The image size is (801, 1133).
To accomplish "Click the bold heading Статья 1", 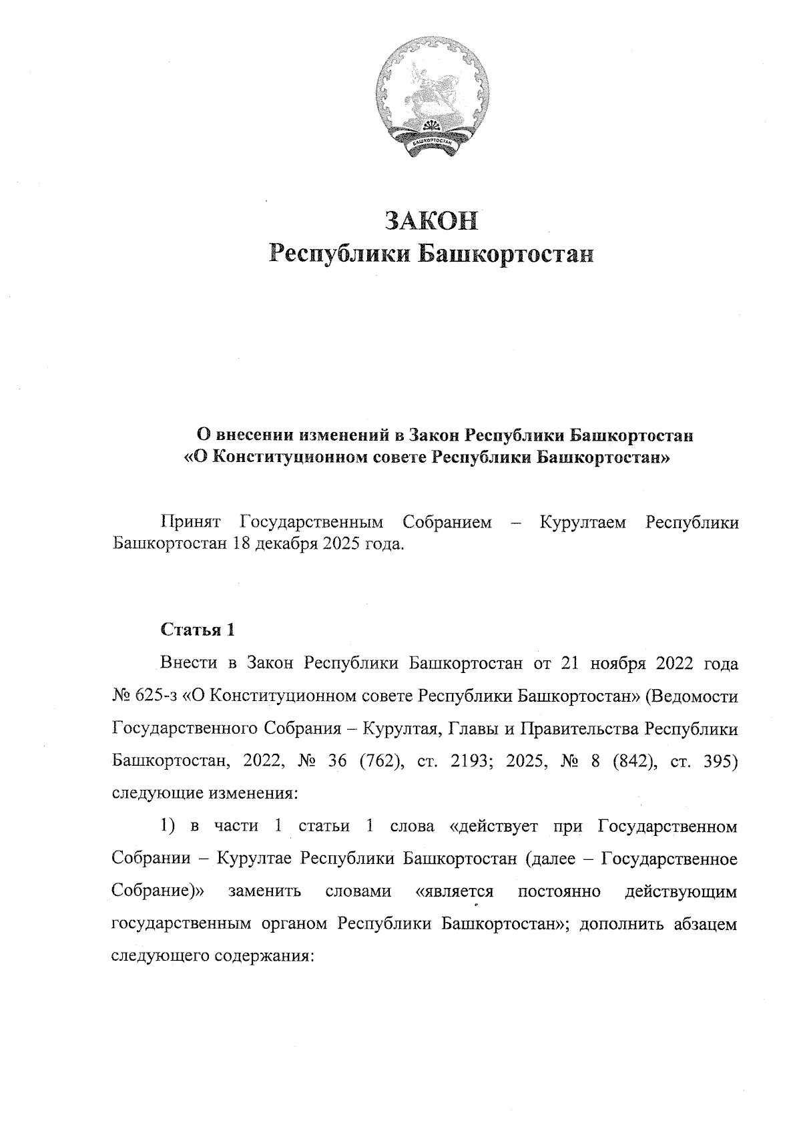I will [198, 629].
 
